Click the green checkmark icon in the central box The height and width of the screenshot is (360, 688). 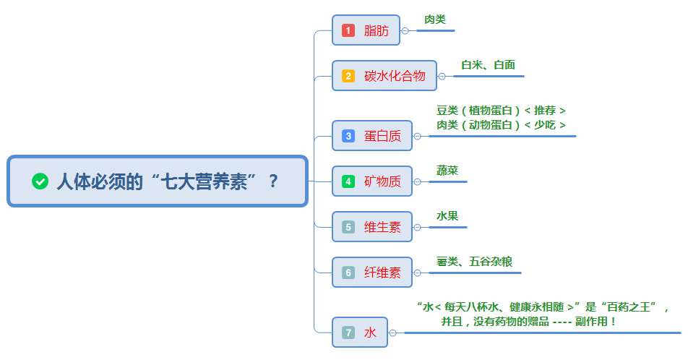[40, 181]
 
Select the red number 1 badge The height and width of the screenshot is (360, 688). [348, 30]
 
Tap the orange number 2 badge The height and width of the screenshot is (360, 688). [348, 76]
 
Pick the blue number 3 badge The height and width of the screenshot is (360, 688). [348, 136]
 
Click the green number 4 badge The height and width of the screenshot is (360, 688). [348, 181]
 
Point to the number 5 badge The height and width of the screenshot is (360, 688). [348, 227]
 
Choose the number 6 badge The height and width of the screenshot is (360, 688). [348, 273]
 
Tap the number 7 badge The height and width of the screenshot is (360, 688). [348, 333]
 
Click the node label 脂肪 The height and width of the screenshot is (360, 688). [377, 30]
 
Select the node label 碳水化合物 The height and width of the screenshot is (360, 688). [395, 76]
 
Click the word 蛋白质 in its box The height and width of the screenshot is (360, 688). [382, 136]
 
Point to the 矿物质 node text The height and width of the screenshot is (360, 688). [382, 181]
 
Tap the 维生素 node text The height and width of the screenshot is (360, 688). [382, 227]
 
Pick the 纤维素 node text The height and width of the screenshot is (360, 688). [382, 273]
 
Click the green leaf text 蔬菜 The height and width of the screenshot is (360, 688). [447, 171]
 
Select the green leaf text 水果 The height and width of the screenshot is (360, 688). [447, 216]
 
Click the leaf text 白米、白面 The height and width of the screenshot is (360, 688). [489, 65]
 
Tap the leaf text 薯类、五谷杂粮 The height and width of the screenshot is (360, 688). [474, 262]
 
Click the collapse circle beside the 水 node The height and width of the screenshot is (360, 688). [392, 333]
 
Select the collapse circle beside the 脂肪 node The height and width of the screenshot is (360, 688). [405, 31]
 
